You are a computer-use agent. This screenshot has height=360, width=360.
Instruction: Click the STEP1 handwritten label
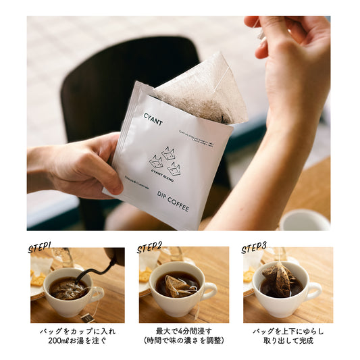40,247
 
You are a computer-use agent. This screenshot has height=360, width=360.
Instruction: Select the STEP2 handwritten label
149,247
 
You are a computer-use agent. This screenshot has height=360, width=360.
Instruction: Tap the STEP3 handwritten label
254,247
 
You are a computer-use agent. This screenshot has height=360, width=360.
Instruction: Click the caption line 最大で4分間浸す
184,331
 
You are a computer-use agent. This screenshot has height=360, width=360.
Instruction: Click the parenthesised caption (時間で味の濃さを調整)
184,340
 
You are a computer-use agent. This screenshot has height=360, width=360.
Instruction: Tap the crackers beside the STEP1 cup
38,278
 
